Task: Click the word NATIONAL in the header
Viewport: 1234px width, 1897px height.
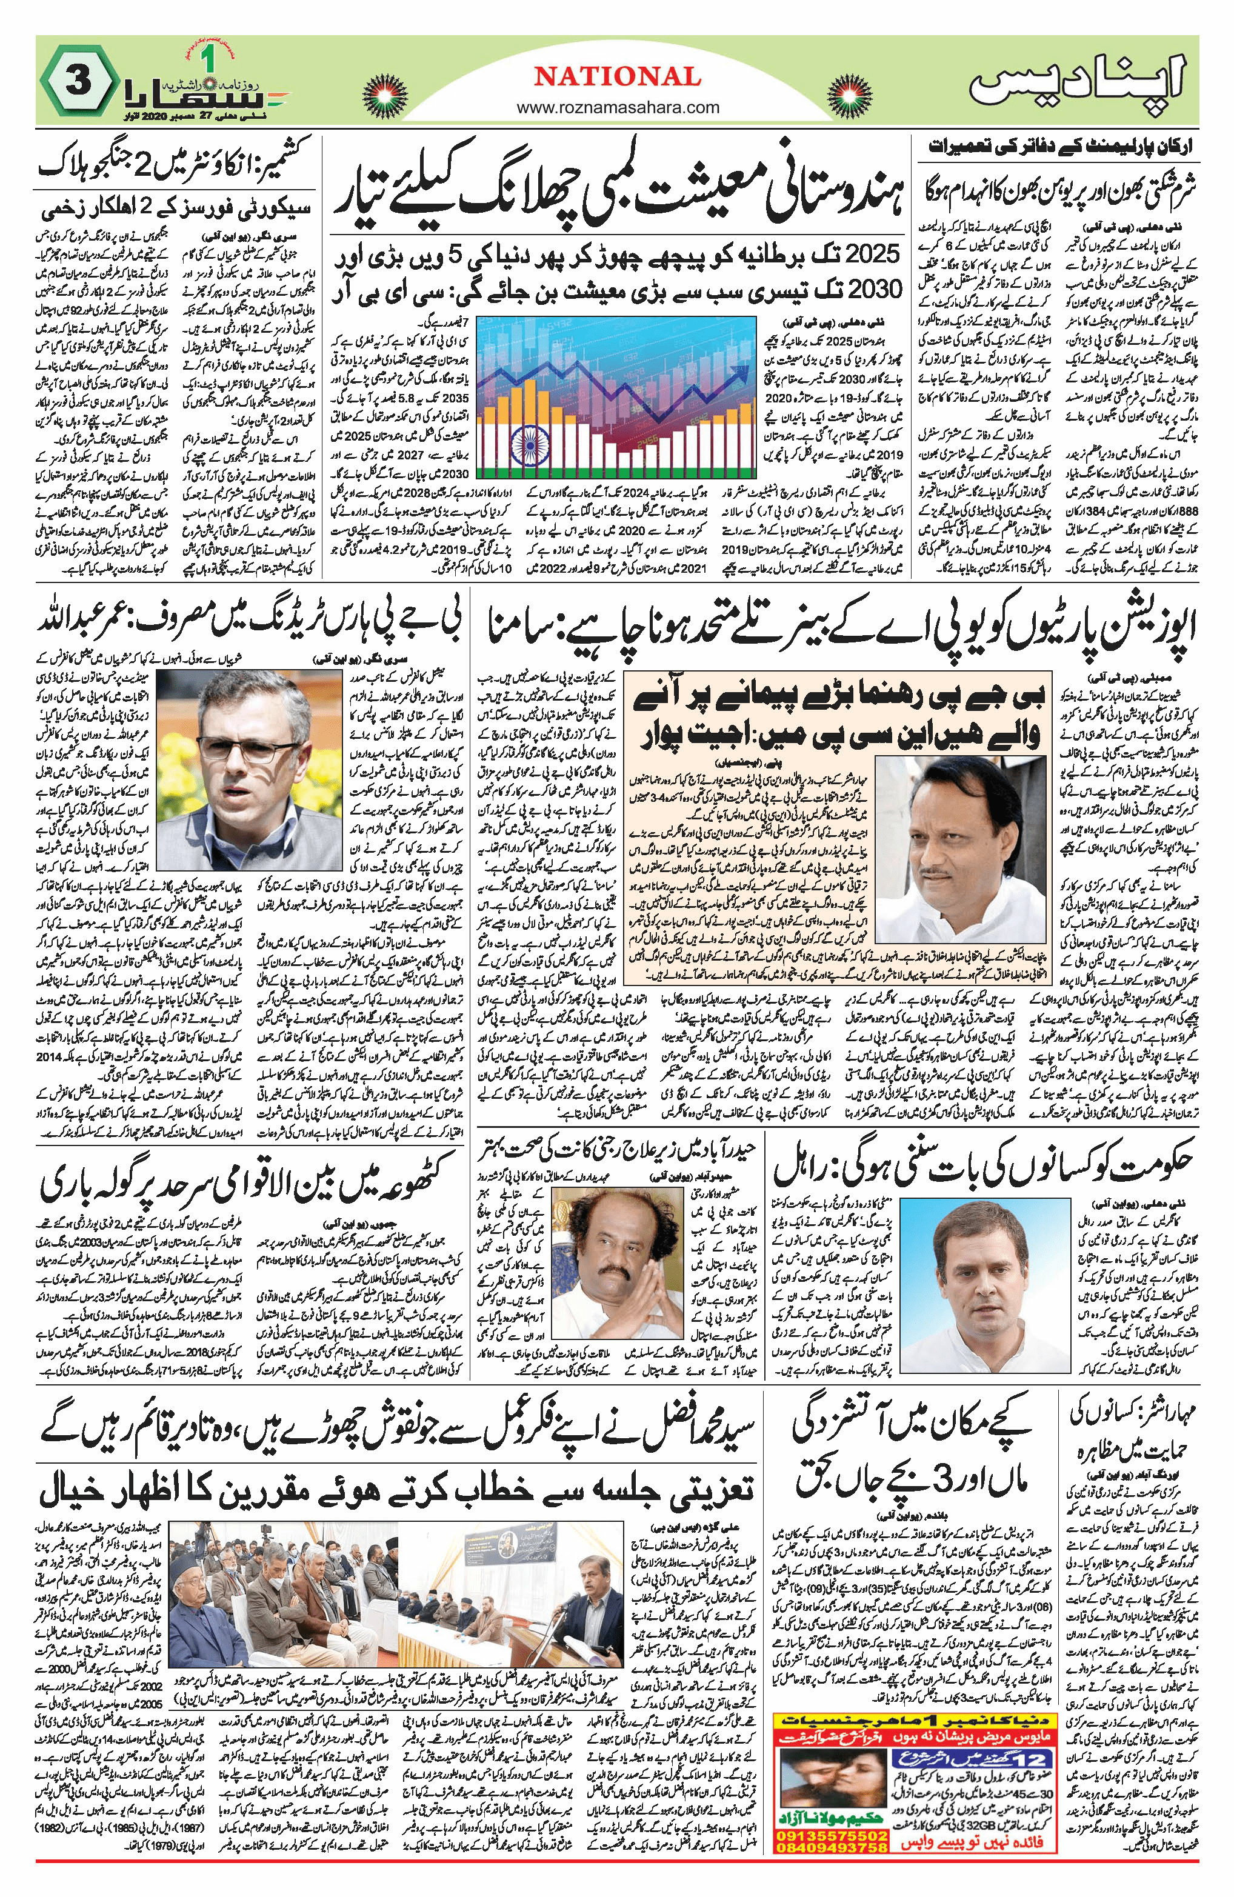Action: pyautogui.click(x=618, y=76)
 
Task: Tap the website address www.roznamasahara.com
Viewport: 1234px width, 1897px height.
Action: pyautogui.click(x=618, y=107)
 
